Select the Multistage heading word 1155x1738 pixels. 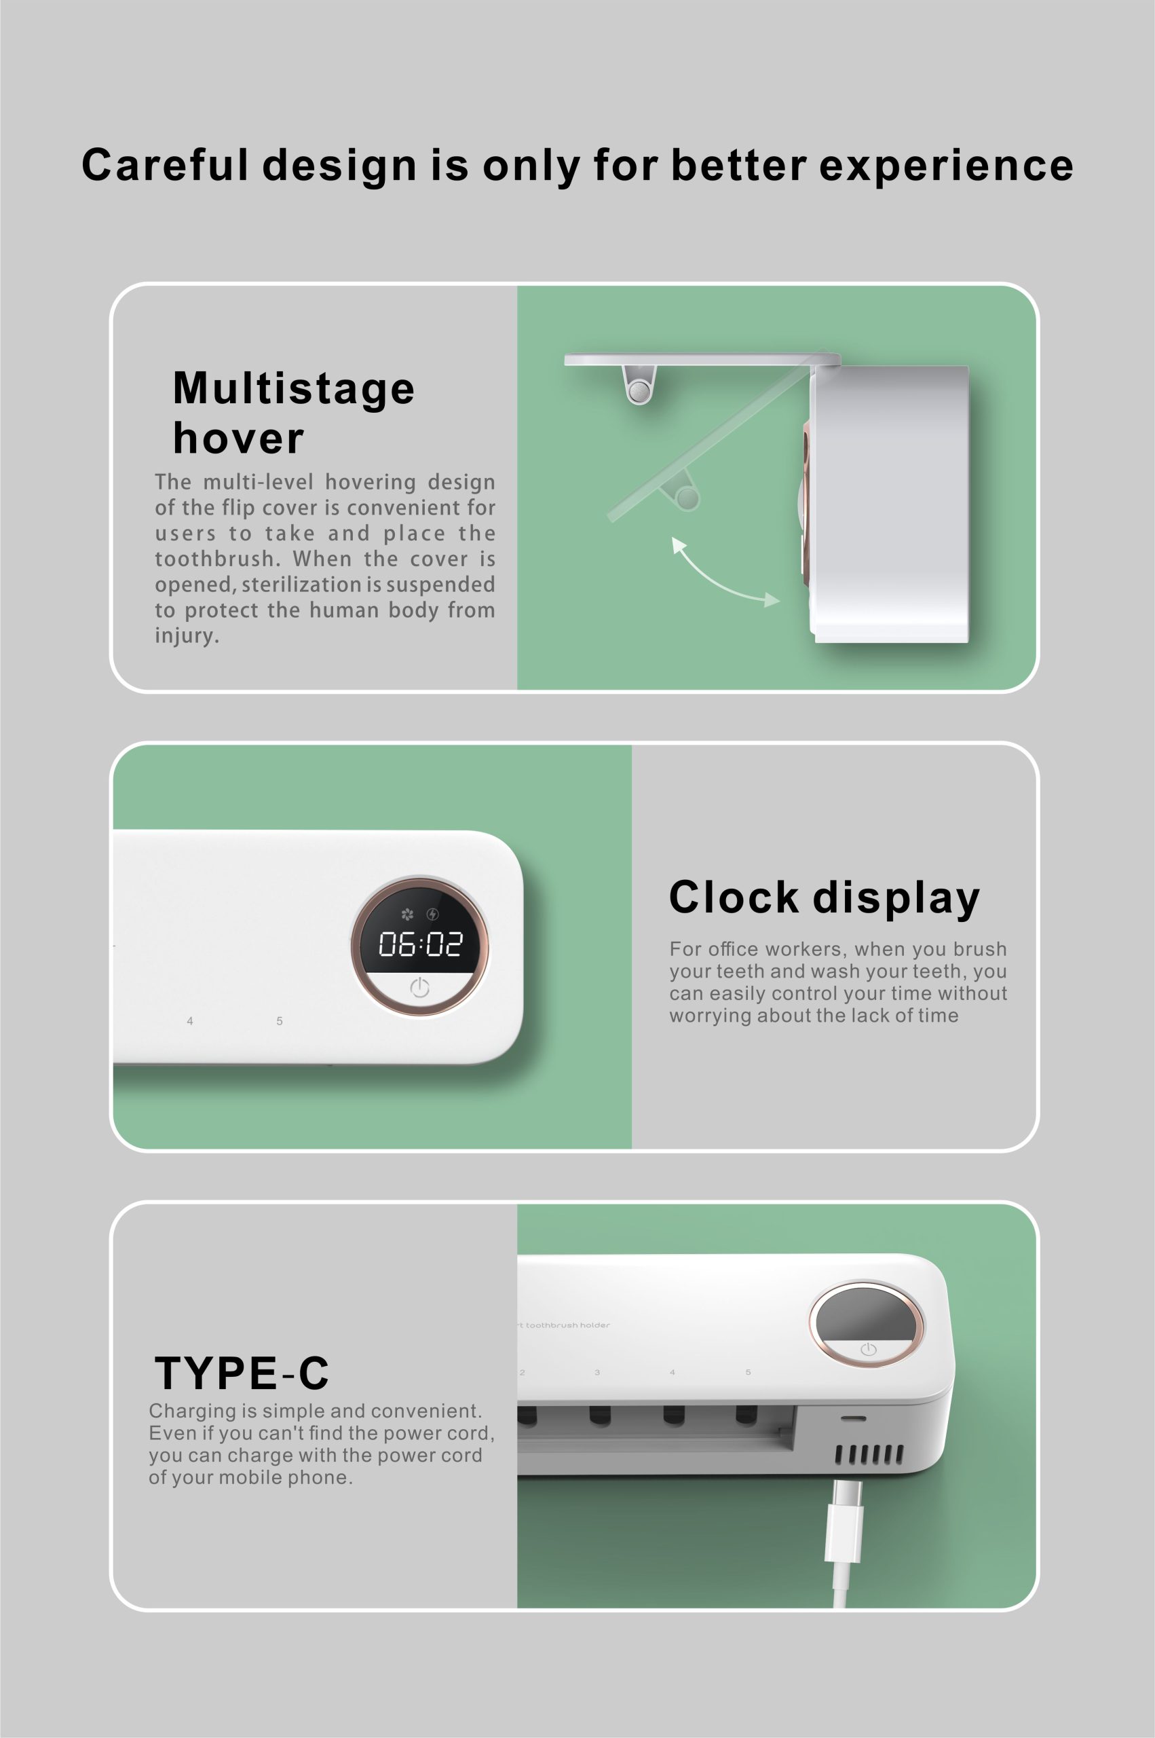coord(294,388)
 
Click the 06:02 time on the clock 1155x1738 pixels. coord(420,944)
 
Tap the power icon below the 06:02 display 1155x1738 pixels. coord(419,987)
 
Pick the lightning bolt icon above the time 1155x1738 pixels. coord(432,914)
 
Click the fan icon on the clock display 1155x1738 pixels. coord(407,914)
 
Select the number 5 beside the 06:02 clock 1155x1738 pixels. coord(279,1020)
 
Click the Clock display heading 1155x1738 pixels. coord(825,898)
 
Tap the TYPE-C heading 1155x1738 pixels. coord(242,1373)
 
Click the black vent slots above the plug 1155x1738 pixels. coord(869,1454)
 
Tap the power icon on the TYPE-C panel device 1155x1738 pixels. coord(869,1349)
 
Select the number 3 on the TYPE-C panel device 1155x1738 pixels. coord(597,1372)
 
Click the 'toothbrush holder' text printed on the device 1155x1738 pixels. coord(568,1325)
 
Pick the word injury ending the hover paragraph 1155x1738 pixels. coord(187,636)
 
